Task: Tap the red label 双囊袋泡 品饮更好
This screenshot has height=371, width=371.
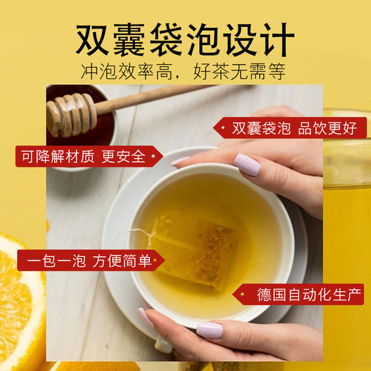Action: pos(292,128)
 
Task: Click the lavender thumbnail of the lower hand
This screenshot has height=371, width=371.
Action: pos(209,330)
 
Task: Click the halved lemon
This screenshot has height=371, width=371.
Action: pos(18,300)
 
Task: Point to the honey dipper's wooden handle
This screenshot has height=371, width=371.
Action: pos(143,98)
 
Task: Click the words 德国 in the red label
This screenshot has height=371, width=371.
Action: pos(270,294)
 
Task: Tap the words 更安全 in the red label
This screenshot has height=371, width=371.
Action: pos(123,156)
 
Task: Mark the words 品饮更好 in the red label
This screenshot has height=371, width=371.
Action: pos(327,128)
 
